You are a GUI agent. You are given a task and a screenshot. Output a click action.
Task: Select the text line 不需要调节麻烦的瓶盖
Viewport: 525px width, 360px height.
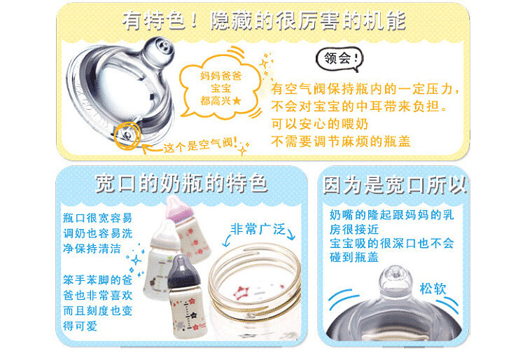coord(341,142)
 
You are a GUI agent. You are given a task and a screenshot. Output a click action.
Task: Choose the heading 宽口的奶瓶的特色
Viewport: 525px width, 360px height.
coord(181,183)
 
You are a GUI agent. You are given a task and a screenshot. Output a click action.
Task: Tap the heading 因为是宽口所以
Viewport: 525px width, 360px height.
coord(395,185)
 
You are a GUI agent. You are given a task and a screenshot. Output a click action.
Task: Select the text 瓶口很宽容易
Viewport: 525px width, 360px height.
coord(97,217)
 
